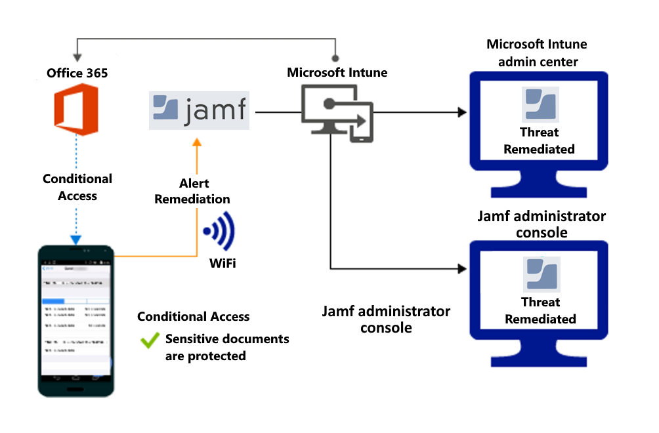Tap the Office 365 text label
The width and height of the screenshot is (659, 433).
pyautogui.click(x=77, y=73)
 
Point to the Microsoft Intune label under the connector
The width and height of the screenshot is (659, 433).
pyautogui.click(x=337, y=72)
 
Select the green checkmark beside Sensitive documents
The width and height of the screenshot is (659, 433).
pyautogui.click(x=150, y=340)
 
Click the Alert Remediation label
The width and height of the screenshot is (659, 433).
pyautogui.click(x=192, y=191)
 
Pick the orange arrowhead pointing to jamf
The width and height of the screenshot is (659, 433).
pyautogui.click(x=196, y=142)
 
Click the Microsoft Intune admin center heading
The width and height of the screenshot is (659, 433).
pyautogui.click(x=537, y=53)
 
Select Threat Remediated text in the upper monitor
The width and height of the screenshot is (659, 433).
pyautogui.click(x=539, y=140)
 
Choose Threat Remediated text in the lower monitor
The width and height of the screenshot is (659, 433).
pyautogui.click(x=540, y=310)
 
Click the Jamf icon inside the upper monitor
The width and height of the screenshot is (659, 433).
pyautogui.click(x=540, y=105)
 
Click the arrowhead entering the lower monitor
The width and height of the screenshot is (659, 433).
pyautogui.click(x=461, y=268)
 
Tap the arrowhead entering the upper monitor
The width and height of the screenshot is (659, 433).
pyautogui.click(x=461, y=112)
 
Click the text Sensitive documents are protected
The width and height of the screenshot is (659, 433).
pyautogui.click(x=226, y=348)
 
